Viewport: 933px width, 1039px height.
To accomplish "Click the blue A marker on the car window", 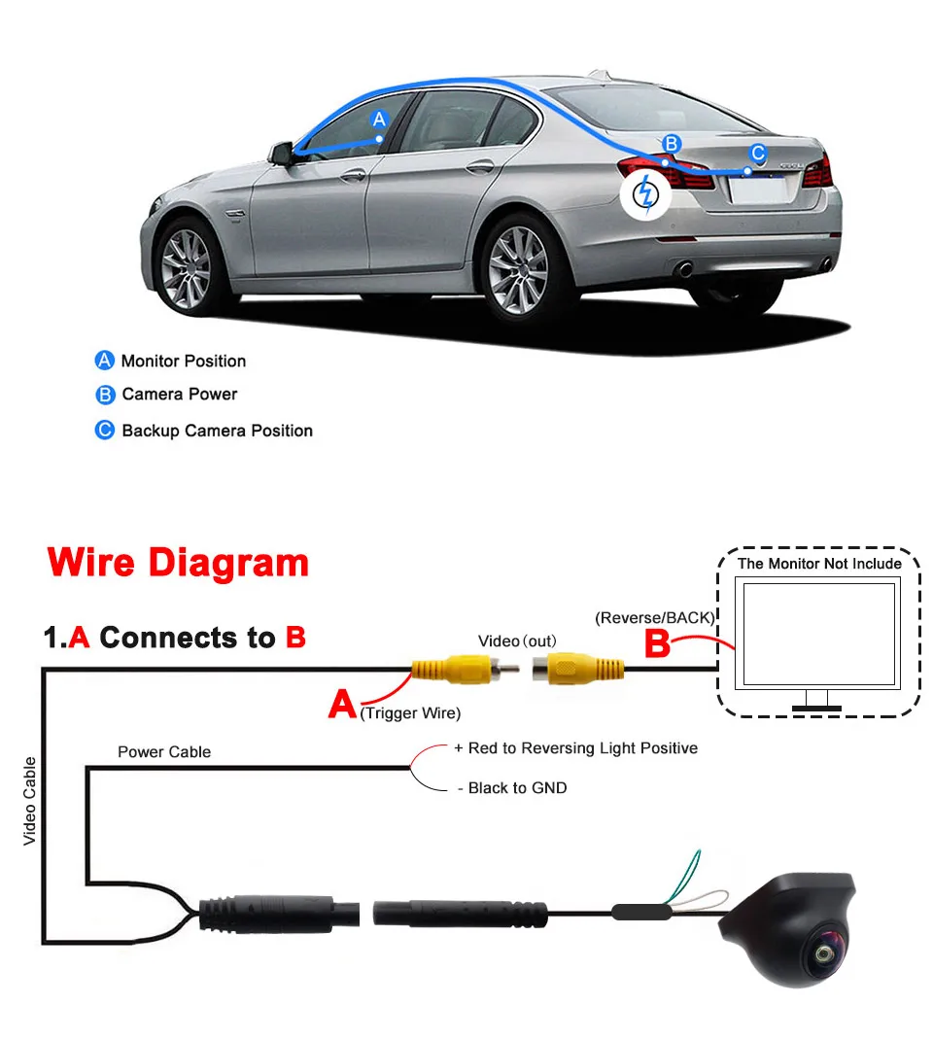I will pos(380,120).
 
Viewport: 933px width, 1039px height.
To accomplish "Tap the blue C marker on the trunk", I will pos(758,154).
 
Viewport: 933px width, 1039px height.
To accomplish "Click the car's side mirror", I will pos(282,154).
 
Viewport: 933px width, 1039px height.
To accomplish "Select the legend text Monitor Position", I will pos(183,361).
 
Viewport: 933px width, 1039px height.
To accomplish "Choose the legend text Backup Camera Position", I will pos(217,431).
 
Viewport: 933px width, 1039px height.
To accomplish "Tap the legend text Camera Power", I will pos(179,395).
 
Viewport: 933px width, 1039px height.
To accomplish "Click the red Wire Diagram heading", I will pos(178,563).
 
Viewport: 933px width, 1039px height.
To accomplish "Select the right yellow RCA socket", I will pos(577,669).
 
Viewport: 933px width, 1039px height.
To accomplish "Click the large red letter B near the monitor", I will pos(658,644).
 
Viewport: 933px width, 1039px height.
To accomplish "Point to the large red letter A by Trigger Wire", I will pos(342,704).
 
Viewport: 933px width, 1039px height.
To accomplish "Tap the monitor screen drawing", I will pos(817,635).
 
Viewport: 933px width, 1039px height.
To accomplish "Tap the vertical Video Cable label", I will pos(30,801).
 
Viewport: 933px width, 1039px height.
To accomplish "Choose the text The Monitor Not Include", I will pos(819,564).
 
